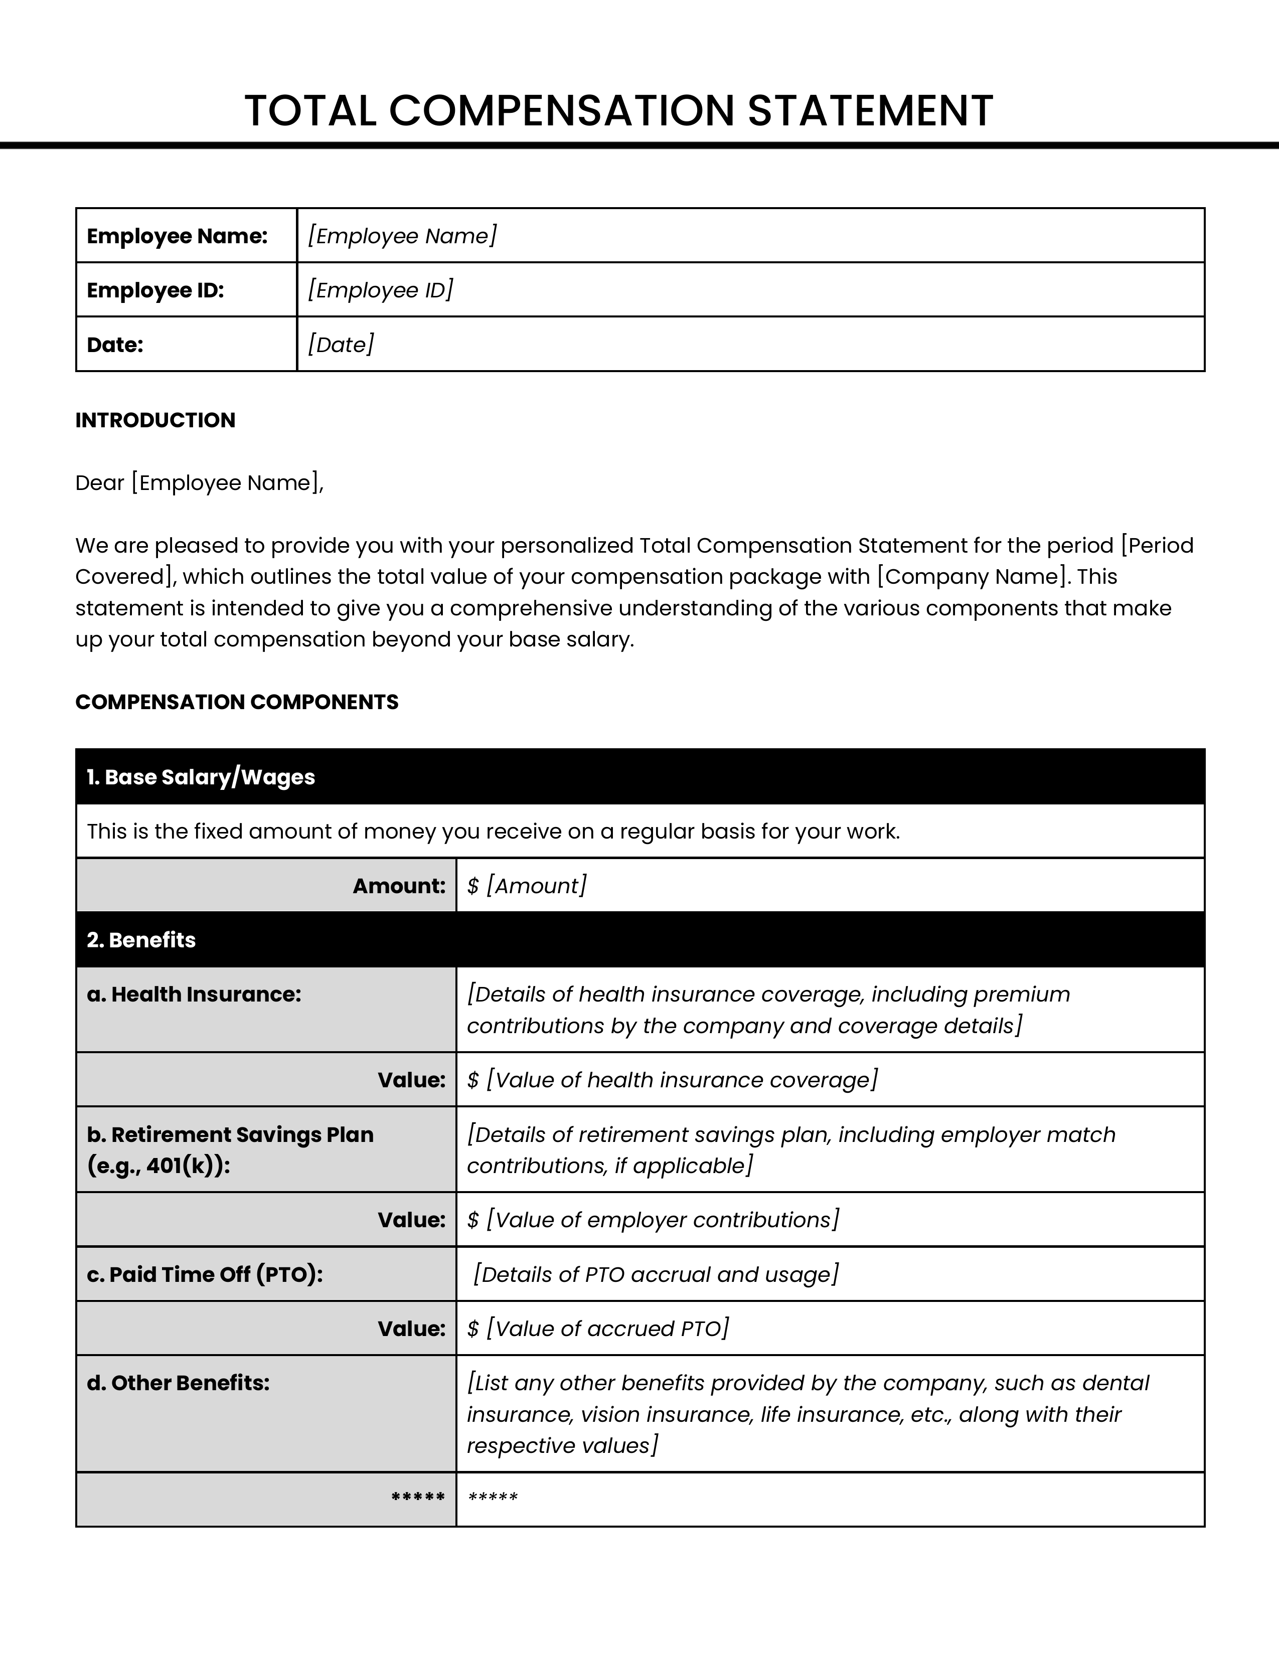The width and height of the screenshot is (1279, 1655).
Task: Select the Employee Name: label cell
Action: pyautogui.click(x=177, y=236)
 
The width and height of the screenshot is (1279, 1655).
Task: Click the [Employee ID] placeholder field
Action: pyautogui.click(x=380, y=290)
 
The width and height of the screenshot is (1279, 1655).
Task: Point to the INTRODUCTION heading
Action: pyautogui.click(x=155, y=420)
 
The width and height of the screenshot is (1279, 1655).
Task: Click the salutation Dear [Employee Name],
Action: pyautogui.click(x=199, y=482)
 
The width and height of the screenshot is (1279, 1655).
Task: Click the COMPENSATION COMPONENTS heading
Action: pyautogui.click(x=236, y=702)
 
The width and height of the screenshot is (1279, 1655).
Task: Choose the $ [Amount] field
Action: pyautogui.click(x=527, y=885)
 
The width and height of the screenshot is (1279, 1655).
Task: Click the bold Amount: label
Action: pyautogui.click(x=399, y=885)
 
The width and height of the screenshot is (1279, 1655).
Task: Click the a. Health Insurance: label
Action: pyautogui.click(x=194, y=994)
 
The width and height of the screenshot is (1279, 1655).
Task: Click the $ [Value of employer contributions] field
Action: pyautogui.click(x=653, y=1219)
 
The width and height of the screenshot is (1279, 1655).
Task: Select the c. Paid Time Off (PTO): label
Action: pyautogui.click(x=205, y=1274)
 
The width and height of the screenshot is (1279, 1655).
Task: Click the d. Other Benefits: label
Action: pyautogui.click(x=178, y=1383)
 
